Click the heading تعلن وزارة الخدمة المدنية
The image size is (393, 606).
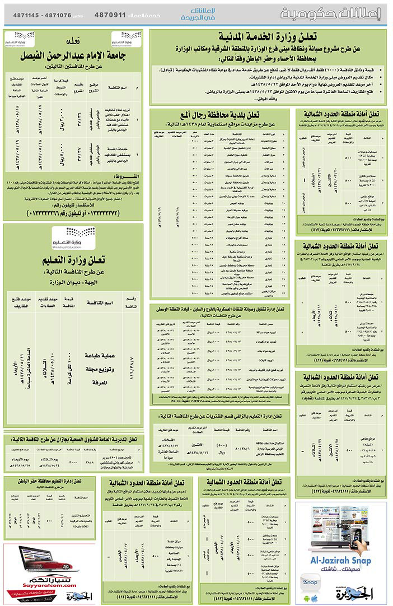coord(267,37)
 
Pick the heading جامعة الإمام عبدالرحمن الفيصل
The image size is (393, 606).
coord(72,57)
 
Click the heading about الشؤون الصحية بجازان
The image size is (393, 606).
coord(72,439)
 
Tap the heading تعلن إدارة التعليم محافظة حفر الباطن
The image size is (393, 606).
coord(49,481)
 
